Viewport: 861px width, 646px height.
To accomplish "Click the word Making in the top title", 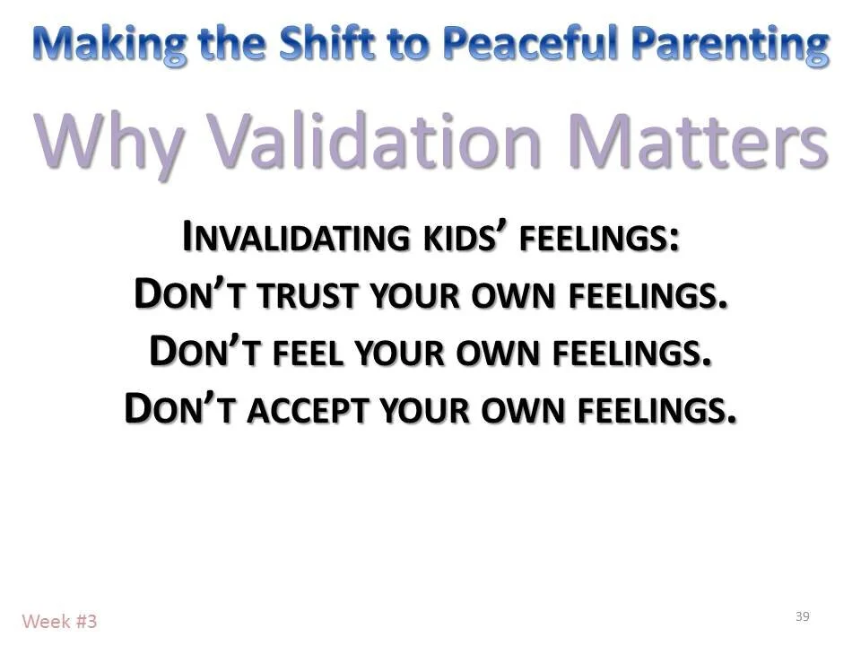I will click(109, 42).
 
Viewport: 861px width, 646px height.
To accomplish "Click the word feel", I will click(300, 350).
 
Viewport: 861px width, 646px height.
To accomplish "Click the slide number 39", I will click(802, 615).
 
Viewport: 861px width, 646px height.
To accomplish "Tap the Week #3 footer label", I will click(59, 620).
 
